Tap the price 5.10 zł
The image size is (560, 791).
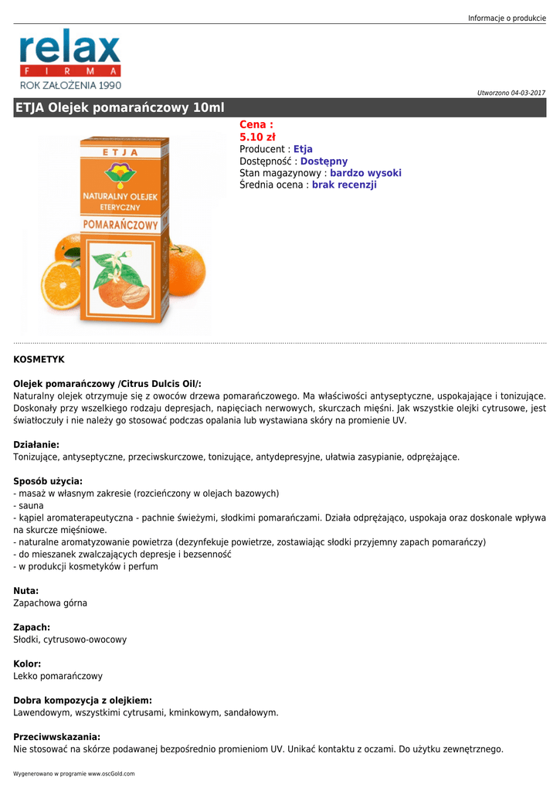point(252,137)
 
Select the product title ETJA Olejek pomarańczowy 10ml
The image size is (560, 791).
point(120,108)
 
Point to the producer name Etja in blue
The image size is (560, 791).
point(303,149)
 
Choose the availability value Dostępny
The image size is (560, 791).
point(324,161)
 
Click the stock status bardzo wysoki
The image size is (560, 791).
point(365,173)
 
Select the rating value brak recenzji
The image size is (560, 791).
point(344,185)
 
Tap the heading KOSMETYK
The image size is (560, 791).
point(39,359)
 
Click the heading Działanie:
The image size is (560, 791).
point(36,444)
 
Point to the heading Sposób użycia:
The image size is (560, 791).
point(48,480)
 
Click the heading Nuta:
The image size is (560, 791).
point(26,590)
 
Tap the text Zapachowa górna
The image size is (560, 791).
point(50,603)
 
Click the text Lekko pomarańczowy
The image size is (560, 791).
point(58,676)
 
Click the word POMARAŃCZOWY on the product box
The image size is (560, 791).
point(121,225)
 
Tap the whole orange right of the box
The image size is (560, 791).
point(185,271)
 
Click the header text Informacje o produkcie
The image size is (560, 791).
point(507,18)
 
